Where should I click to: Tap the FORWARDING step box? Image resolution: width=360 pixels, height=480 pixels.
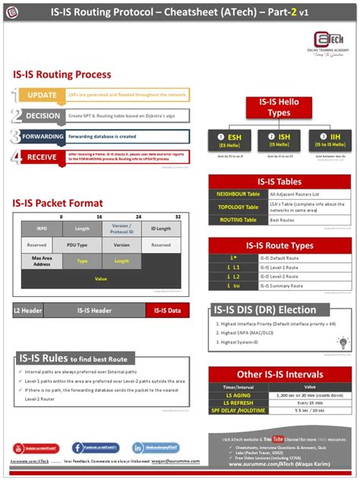point(42,137)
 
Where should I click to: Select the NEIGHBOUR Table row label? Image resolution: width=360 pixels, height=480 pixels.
point(237,194)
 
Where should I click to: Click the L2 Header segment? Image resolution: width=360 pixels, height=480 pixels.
point(27,311)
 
